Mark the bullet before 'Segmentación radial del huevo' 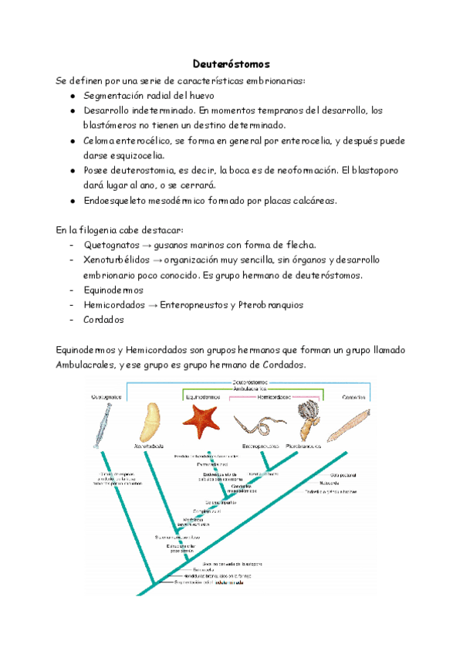pyautogui.click(x=72, y=96)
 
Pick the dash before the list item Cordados pyautogui.click(x=71, y=320)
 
